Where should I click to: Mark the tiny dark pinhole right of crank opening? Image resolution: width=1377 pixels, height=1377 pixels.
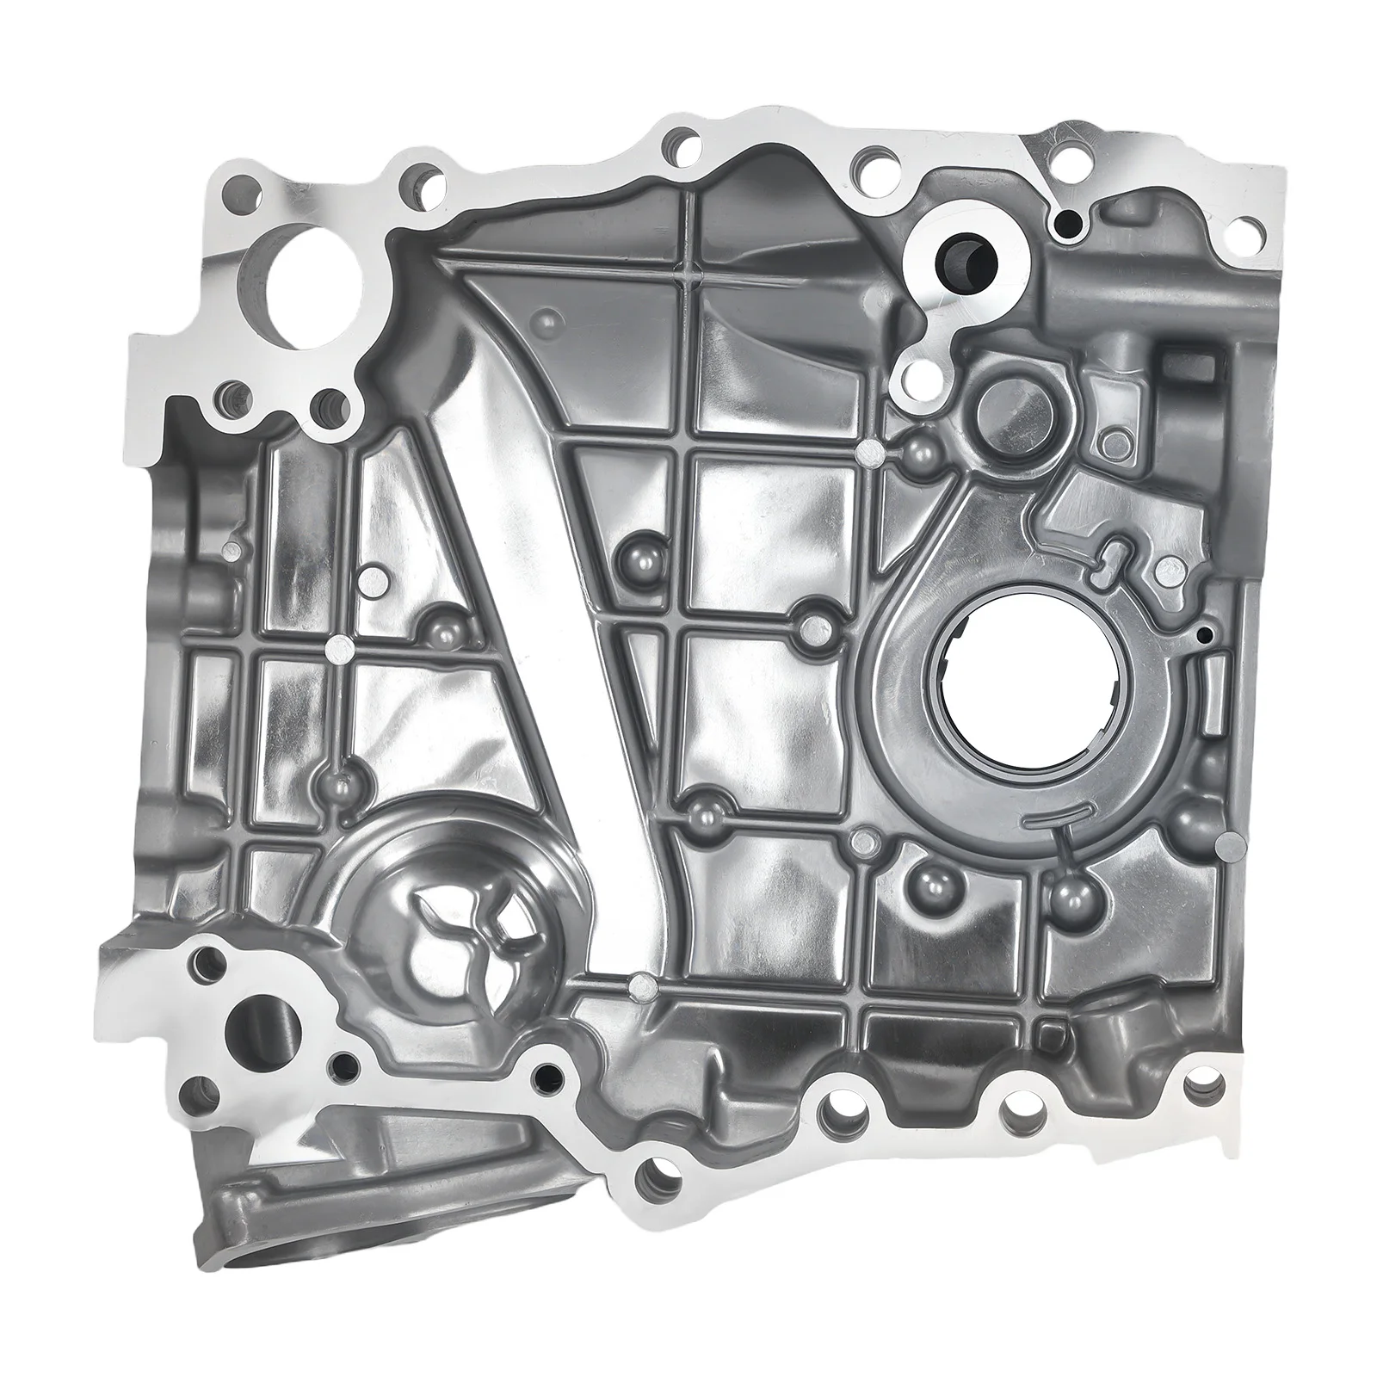coord(1204,634)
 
